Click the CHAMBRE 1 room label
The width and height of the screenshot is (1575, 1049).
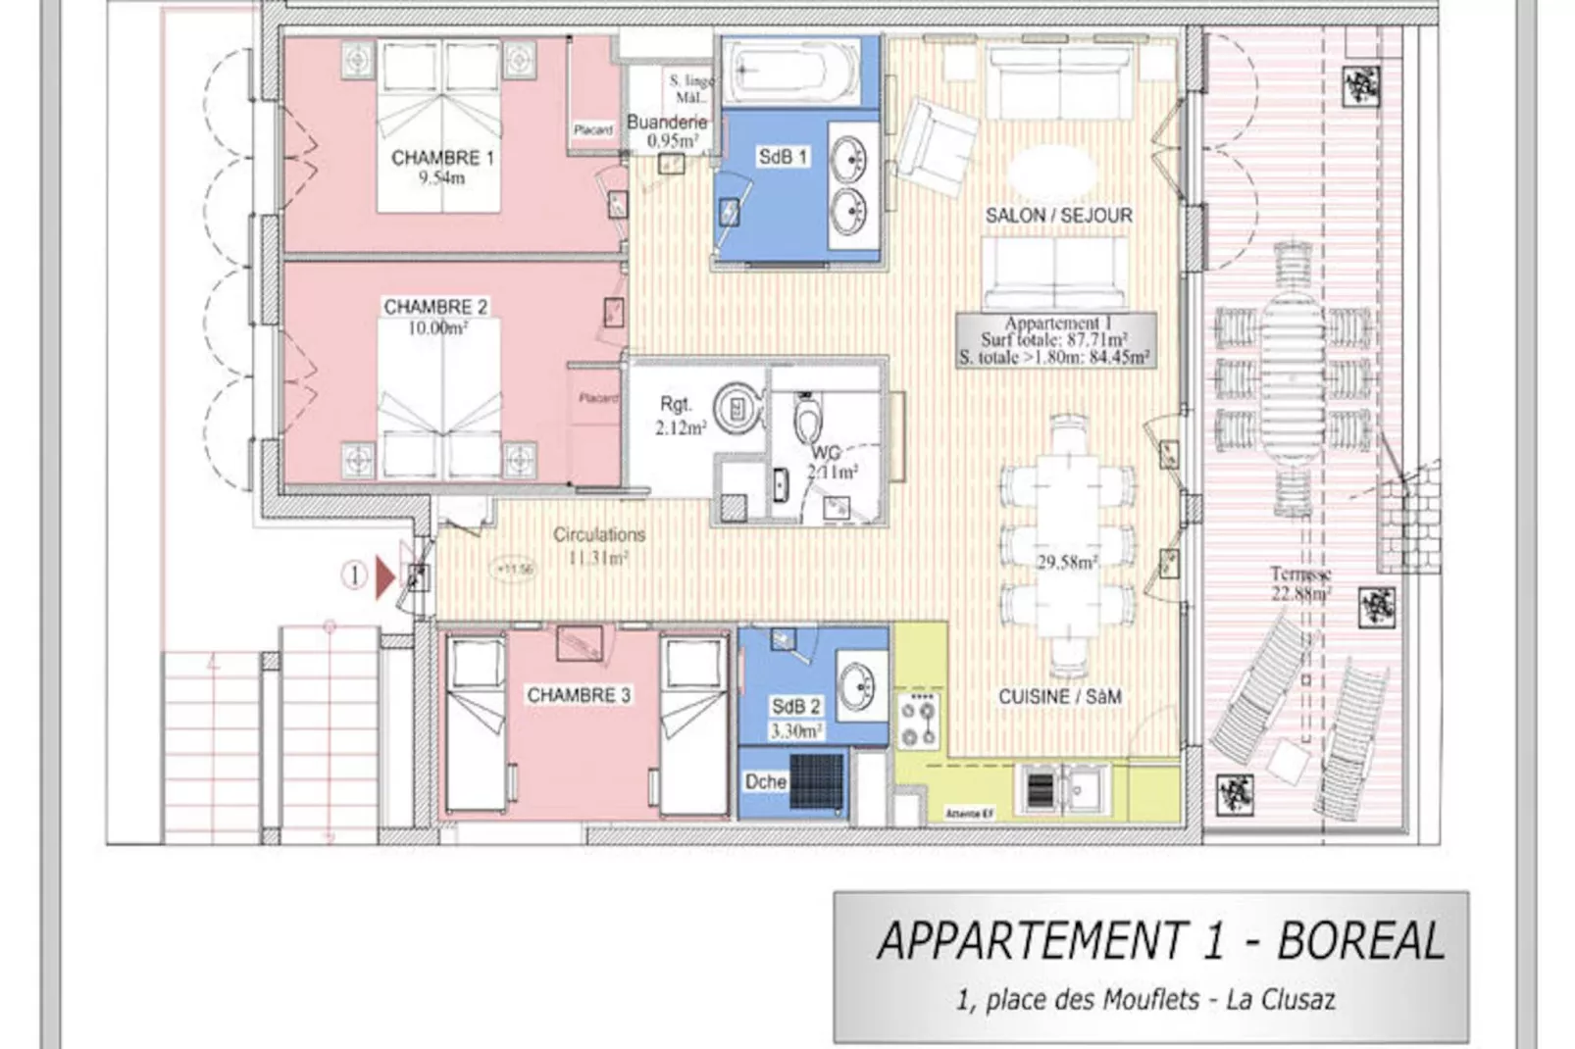pyautogui.click(x=442, y=158)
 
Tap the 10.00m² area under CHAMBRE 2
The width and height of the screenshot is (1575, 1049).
pyautogui.click(x=437, y=328)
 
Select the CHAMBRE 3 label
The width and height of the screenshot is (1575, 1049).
pyautogui.click(x=579, y=695)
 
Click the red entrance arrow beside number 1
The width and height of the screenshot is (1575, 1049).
pyautogui.click(x=384, y=576)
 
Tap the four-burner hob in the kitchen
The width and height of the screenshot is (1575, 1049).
pyautogui.click(x=919, y=723)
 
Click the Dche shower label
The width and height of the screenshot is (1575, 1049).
pyautogui.click(x=765, y=782)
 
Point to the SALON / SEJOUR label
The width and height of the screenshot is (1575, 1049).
pyautogui.click(x=1058, y=216)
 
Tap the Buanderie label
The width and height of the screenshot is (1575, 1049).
pyautogui.click(x=667, y=123)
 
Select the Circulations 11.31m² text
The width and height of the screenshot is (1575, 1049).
pyautogui.click(x=598, y=546)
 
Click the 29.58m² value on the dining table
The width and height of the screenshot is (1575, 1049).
pyautogui.click(x=1067, y=562)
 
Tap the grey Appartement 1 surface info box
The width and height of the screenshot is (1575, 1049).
pyautogui.click(x=1055, y=340)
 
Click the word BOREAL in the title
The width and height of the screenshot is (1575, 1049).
pyautogui.click(x=1360, y=941)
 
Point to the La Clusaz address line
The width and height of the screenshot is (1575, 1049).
pyautogui.click(x=1144, y=1000)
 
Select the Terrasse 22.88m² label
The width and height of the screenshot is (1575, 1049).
pyautogui.click(x=1300, y=584)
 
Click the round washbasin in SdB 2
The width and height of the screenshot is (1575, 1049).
pyautogui.click(x=857, y=683)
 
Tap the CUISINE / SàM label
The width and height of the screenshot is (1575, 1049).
pyautogui.click(x=1059, y=697)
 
